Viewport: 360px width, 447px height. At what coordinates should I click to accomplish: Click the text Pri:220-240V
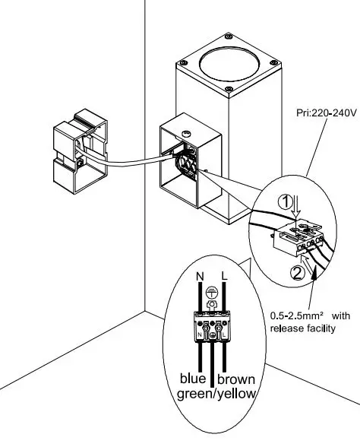click(x=321, y=114)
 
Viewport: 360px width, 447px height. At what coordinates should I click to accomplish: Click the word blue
click(x=194, y=379)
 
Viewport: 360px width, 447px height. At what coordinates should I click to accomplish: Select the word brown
click(x=238, y=379)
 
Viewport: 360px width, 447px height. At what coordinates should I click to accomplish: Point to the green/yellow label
click(x=216, y=394)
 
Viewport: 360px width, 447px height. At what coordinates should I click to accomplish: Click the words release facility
click(x=303, y=329)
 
